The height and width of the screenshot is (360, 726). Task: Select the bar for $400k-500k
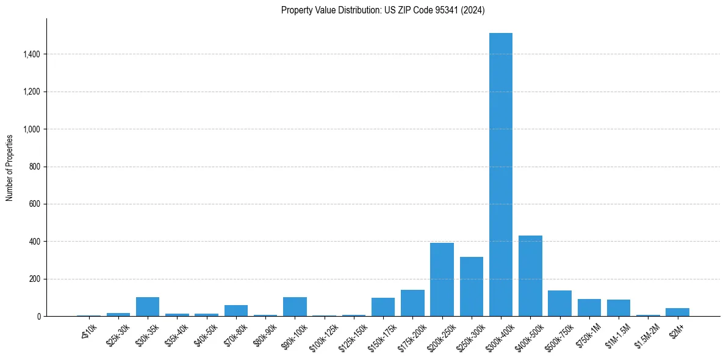[530, 276]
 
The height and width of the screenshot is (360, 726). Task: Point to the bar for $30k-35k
[148, 307]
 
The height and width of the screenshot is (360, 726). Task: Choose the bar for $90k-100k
[295, 307]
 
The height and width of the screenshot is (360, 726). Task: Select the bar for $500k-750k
[559, 303]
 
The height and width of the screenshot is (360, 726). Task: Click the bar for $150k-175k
[383, 307]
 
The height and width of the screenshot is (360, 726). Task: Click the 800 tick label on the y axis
[35, 167]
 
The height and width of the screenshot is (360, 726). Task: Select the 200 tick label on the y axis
[35, 279]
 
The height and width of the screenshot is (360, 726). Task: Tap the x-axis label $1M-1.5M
[616, 336]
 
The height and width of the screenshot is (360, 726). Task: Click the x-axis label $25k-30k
[117, 336]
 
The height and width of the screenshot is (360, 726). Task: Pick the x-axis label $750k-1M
[586, 336]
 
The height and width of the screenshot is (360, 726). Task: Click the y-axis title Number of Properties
[10, 167]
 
